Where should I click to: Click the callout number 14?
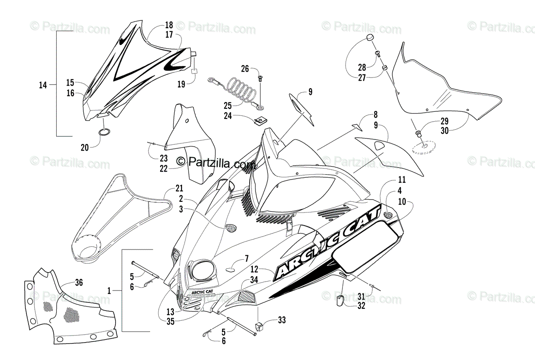coord(43,85)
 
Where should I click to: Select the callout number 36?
coord(78,282)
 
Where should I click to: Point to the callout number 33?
coord(281,320)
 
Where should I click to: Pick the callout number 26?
coord(245,69)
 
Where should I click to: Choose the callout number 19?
coord(181,84)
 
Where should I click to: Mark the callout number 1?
coord(109,290)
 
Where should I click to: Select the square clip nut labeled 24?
coord(258,120)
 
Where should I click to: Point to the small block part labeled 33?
coord(258,327)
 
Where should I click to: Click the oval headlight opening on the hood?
coord(201,270)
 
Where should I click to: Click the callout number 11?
coord(402,180)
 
